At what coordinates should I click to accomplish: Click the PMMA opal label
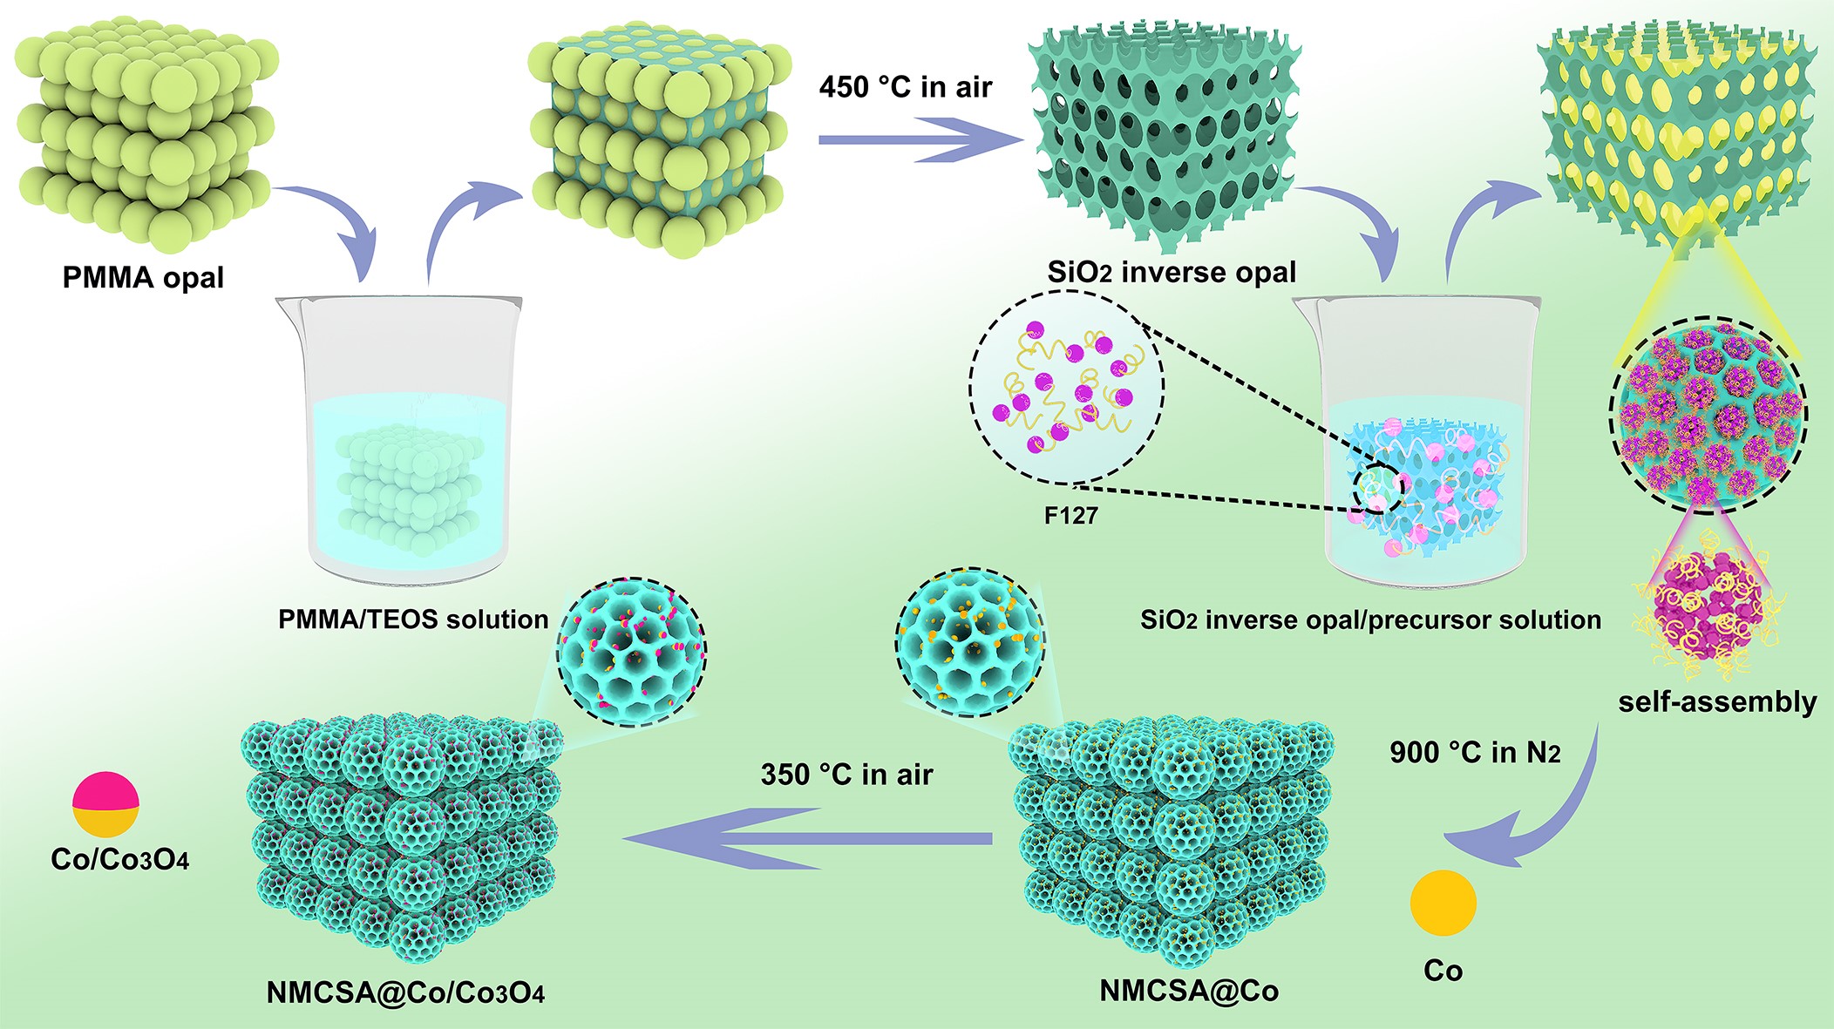143,278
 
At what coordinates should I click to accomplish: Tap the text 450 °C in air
905,87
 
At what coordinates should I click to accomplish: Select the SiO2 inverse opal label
1172,273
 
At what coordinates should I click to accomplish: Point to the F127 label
1070,516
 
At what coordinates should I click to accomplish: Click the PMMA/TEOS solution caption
413,619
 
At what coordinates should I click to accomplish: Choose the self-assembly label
1717,701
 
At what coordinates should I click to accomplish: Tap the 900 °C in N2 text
1475,752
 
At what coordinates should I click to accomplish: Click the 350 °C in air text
846,775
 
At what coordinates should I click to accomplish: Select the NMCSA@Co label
1189,991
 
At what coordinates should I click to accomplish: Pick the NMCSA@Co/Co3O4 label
405,992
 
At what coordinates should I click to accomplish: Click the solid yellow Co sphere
1443,903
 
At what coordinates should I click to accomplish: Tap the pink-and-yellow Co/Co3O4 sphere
105,804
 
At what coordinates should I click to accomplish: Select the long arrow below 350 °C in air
806,838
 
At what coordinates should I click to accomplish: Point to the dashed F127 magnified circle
1066,387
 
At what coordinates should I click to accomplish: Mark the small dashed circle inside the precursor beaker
1378,490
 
